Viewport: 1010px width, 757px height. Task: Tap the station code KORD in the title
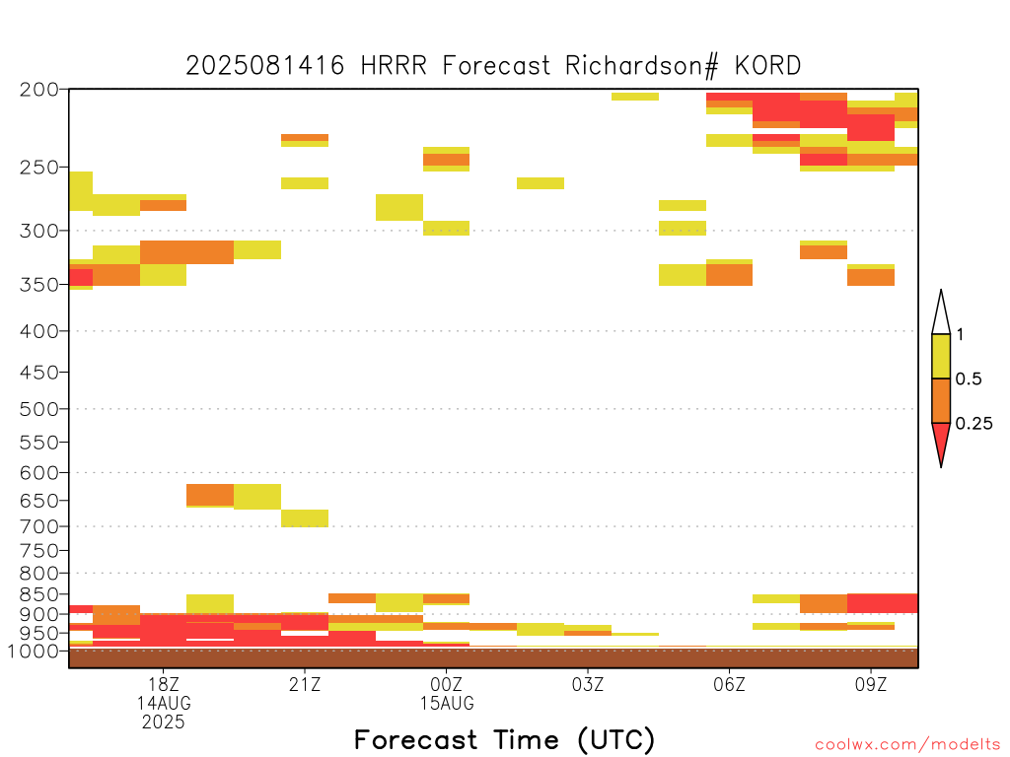coord(767,66)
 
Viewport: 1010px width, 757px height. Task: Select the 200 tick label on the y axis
coord(39,90)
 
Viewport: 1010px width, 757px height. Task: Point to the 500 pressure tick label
coord(39,409)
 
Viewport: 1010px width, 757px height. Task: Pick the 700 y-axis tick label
coord(39,526)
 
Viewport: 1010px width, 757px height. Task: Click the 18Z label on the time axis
coord(164,684)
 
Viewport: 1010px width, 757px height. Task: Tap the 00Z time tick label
coord(447,684)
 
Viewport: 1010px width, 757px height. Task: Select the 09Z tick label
coord(871,684)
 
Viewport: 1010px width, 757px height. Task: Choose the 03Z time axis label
coord(588,684)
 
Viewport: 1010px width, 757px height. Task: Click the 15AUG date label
coord(447,703)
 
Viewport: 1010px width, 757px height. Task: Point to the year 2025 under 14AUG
coord(164,723)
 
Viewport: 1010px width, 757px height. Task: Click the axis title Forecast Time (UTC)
coord(504,739)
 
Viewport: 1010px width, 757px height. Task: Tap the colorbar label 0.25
coord(974,424)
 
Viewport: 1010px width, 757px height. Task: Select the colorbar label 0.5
coord(969,379)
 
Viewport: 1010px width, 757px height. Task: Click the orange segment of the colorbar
coord(941,400)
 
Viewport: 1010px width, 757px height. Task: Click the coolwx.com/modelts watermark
coord(907,745)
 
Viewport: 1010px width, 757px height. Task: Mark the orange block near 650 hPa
coord(210,495)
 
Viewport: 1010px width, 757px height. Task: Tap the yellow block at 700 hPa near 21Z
coord(305,518)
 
